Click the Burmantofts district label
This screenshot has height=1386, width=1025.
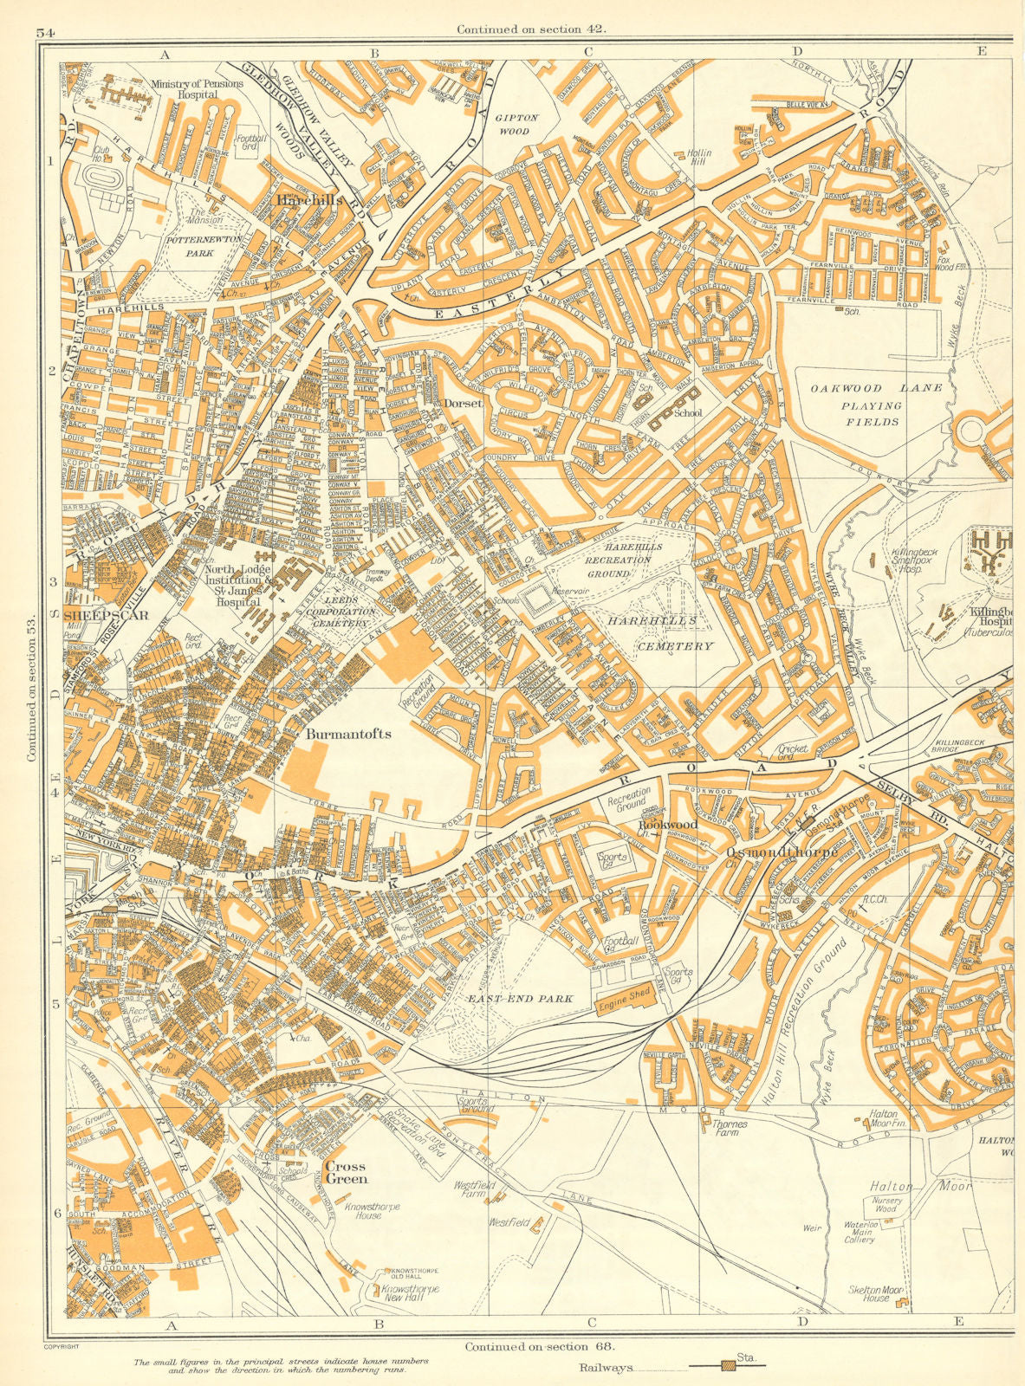pyautogui.click(x=348, y=734)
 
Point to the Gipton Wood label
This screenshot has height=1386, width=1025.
pyautogui.click(x=516, y=124)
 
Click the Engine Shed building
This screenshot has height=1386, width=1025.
pyautogui.click(x=623, y=999)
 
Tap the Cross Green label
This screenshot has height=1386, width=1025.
pyautogui.click(x=347, y=1172)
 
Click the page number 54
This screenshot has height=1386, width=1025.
pyautogui.click(x=46, y=33)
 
